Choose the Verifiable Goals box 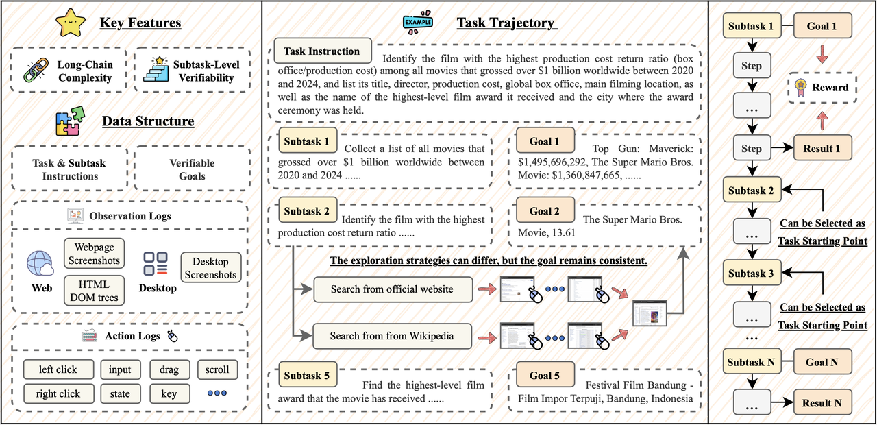tap(192, 169)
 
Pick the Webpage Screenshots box tap(95, 253)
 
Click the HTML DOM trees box tap(95, 290)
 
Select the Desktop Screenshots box tap(210, 267)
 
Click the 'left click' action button tap(58, 369)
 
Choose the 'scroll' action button tap(217, 369)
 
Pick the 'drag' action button tap(169, 369)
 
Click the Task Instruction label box tap(322, 51)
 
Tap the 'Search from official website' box tap(393, 289)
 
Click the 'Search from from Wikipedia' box tap(393, 336)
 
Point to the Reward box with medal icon tap(822, 88)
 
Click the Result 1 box tap(822, 149)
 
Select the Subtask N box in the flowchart tap(751, 363)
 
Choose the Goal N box tap(822, 363)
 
